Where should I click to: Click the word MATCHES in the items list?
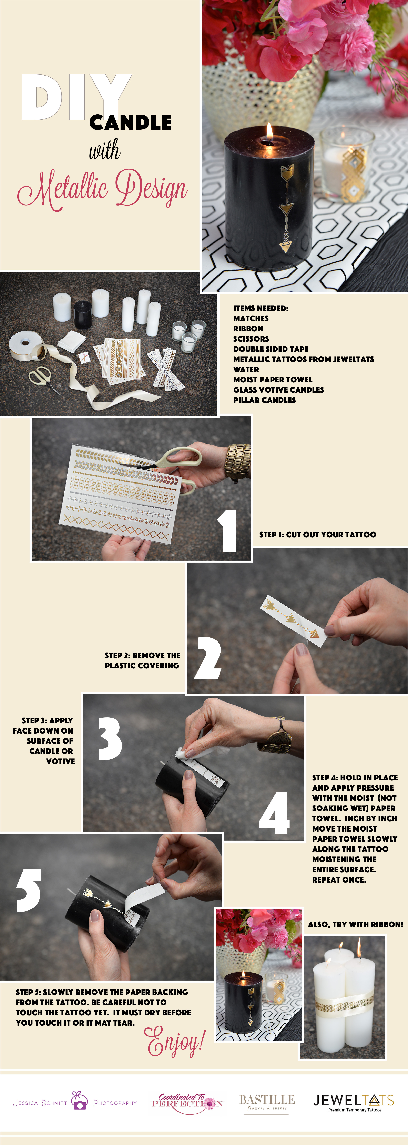click(251, 318)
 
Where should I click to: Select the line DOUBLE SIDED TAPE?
click(271, 349)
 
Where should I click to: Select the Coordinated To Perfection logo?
click(187, 1103)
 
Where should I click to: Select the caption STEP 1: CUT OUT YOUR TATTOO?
click(317, 534)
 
